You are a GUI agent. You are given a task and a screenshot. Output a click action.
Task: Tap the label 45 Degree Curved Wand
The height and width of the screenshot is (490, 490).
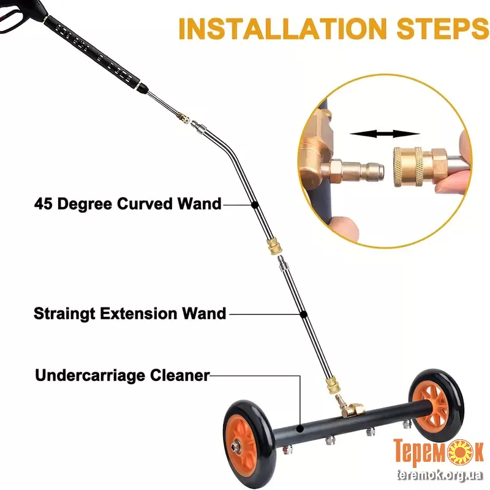click(x=128, y=204)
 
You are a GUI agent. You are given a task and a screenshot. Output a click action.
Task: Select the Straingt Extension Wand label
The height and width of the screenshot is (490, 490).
click(x=130, y=314)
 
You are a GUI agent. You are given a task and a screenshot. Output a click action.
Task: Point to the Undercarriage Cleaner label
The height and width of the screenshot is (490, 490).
click(x=122, y=375)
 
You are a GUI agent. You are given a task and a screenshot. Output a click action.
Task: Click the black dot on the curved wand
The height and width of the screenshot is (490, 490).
click(x=255, y=205)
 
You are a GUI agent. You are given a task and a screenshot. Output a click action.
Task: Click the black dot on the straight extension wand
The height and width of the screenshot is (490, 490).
click(x=303, y=314)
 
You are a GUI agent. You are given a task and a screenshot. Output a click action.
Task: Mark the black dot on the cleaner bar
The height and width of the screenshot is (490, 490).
click(x=300, y=428)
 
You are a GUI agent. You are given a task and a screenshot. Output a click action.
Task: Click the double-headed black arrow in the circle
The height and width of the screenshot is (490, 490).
click(x=385, y=134)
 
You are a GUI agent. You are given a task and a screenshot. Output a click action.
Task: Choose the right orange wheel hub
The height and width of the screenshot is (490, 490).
click(x=430, y=405)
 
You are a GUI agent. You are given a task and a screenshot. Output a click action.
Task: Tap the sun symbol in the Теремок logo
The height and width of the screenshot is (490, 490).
click(x=461, y=451)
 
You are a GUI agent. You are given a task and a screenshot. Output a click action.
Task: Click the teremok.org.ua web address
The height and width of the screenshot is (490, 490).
click(x=440, y=475)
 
